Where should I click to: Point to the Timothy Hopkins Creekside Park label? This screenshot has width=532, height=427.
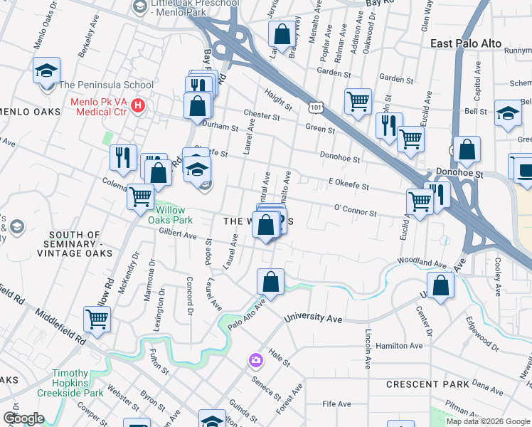point(80,379)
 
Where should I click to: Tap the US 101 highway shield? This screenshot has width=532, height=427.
point(314,107)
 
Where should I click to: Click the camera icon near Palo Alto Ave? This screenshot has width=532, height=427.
point(255,361)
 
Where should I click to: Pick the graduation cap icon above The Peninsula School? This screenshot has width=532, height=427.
point(46,70)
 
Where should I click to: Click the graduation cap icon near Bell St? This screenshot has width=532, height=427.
point(509,114)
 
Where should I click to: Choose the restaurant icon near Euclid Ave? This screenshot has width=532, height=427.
point(437,194)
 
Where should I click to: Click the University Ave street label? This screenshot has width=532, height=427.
point(314,317)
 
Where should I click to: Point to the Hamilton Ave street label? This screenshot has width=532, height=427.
point(400,346)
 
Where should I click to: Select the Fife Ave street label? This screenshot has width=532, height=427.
point(337,404)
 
